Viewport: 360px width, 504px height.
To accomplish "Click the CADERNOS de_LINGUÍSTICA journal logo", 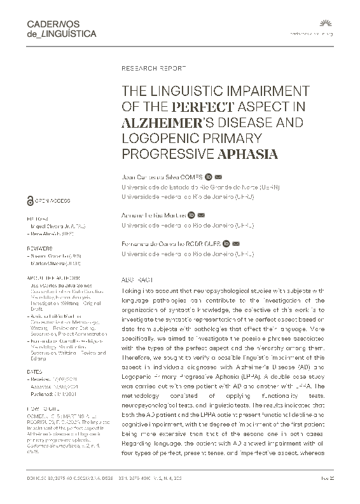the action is (62, 29).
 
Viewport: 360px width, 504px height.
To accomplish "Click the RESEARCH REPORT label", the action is (153, 67).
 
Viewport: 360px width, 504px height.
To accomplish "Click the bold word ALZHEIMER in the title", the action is (161, 122).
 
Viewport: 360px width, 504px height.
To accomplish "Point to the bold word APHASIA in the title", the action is (248, 154).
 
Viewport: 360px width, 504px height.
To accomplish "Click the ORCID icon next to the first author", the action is (208, 176).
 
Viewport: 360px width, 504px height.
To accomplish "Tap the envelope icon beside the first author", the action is (218, 176).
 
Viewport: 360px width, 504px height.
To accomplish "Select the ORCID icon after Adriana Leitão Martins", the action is (191, 215).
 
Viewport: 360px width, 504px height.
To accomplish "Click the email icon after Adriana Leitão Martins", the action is (201, 215).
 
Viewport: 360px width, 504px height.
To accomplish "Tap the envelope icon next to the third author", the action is (236, 243).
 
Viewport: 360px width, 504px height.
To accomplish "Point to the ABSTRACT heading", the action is (137, 280).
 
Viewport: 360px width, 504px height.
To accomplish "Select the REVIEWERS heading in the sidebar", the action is (39, 249).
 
